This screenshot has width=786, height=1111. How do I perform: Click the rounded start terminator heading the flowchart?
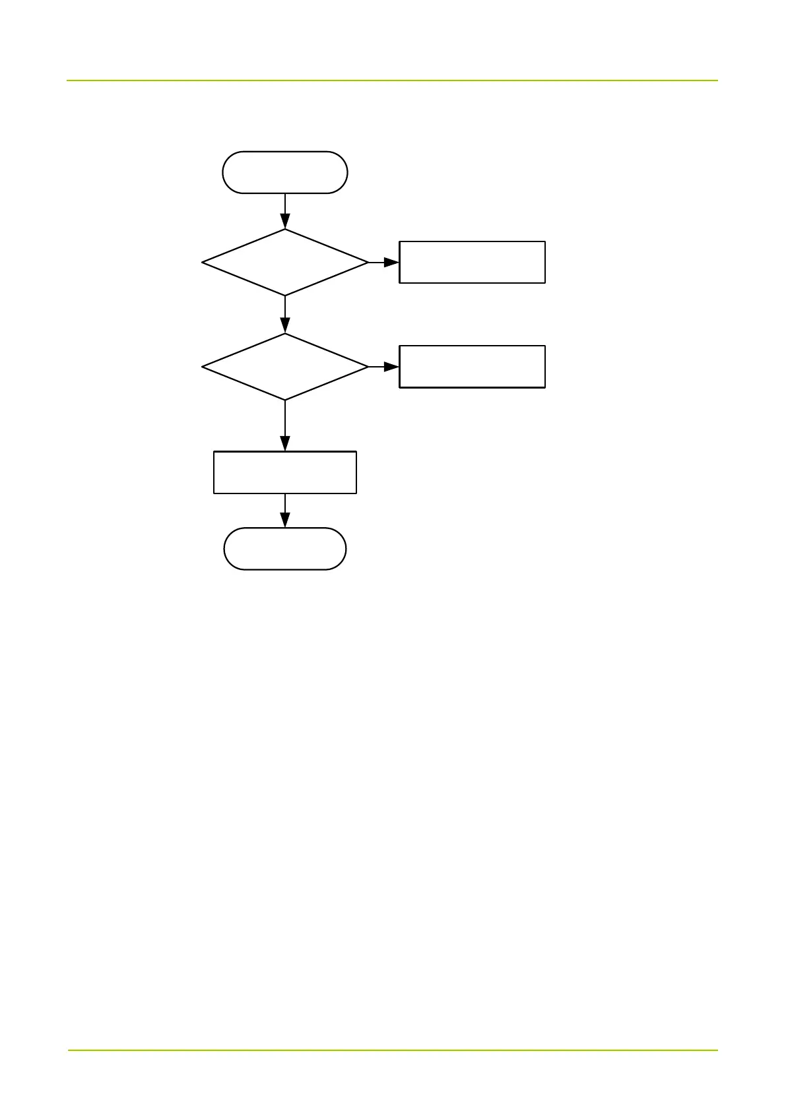tap(285, 172)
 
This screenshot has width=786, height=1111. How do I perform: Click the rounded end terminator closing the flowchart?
tap(285, 548)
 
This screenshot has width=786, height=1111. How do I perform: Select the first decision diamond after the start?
tap(285, 263)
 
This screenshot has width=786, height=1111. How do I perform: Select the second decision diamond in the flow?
tap(285, 367)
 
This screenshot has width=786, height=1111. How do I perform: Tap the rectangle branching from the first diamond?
tap(472, 263)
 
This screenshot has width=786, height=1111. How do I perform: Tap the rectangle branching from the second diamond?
tap(472, 367)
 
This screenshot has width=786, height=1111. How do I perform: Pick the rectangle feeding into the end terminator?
tap(285, 472)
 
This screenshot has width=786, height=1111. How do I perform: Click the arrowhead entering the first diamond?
tap(285, 222)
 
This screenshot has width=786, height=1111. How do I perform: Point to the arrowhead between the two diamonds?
tap(285, 326)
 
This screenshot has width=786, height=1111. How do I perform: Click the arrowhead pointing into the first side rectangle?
tap(392, 263)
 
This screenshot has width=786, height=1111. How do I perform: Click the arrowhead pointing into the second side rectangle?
tap(392, 367)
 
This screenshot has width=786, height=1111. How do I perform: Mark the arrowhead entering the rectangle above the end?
tap(285, 444)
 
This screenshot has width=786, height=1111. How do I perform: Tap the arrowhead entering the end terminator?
tap(285, 521)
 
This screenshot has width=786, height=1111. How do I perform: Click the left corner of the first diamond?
tap(203, 263)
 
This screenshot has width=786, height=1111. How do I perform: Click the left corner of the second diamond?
tap(203, 367)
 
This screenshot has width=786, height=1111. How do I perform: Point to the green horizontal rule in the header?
tap(392, 80)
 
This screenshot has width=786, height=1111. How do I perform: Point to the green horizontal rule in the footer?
tap(392, 1050)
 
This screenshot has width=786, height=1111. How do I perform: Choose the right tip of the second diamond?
tap(367, 367)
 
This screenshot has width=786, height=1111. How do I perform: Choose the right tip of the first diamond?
tap(367, 263)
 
